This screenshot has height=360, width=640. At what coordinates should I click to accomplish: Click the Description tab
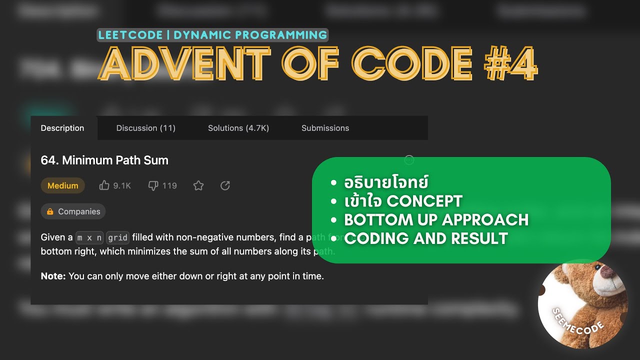click(x=62, y=128)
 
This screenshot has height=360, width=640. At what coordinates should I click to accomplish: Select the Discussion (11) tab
click(x=145, y=128)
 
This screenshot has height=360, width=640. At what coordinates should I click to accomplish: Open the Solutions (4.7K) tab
click(x=238, y=128)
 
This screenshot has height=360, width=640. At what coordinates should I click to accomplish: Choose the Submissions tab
click(x=325, y=128)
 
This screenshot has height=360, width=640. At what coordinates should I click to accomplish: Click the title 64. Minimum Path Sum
click(x=104, y=160)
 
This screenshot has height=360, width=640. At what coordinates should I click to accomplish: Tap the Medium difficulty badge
click(x=62, y=185)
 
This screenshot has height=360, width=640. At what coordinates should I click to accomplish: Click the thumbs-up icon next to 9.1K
click(x=104, y=185)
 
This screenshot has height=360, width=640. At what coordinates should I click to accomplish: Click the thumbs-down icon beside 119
click(x=153, y=185)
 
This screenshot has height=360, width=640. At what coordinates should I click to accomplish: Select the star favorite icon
click(x=198, y=185)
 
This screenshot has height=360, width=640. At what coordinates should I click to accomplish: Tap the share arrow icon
click(x=225, y=185)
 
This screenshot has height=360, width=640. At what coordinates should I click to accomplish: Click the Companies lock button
click(x=73, y=211)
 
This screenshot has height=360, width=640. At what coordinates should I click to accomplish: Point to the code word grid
click(x=118, y=237)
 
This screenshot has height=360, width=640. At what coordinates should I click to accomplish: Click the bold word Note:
click(x=53, y=276)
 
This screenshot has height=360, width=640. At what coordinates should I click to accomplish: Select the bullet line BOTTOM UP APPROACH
click(x=436, y=220)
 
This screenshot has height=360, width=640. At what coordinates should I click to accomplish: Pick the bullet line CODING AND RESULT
click(x=426, y=238)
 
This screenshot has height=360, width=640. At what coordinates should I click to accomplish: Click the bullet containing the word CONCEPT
click(x=403, y=201)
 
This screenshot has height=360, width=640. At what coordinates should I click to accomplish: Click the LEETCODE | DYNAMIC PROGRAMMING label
click(x=212, y=35)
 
